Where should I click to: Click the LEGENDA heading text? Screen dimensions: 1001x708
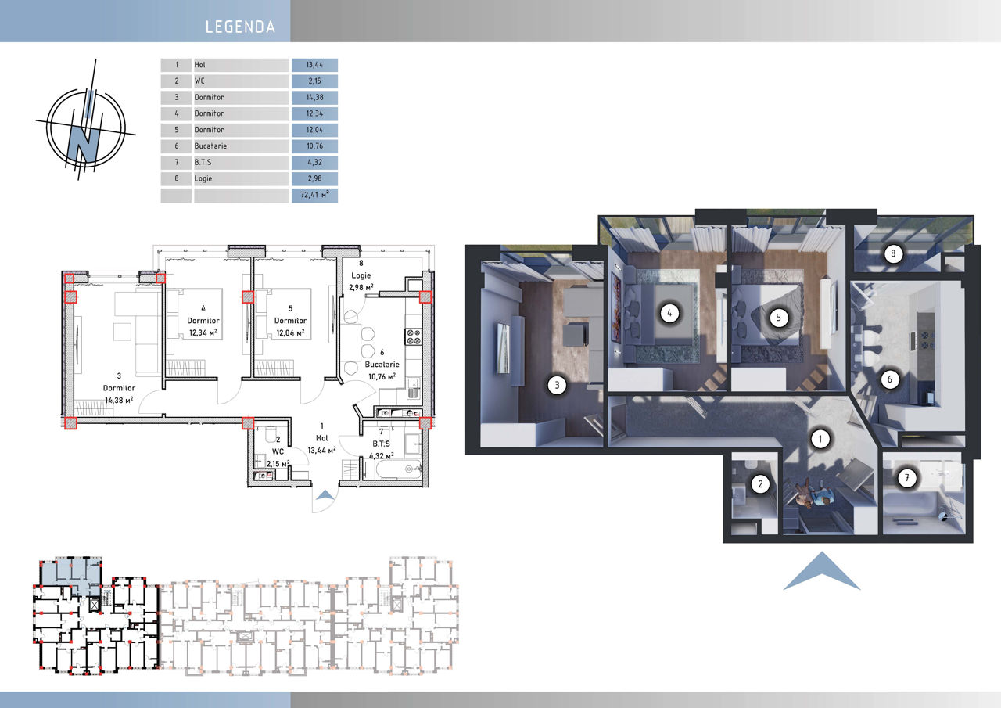240,27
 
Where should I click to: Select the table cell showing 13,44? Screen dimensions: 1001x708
314,65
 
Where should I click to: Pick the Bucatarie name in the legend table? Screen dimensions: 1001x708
210,146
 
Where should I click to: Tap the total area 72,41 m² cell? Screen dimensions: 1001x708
314,195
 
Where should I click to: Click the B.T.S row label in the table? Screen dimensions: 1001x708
203,162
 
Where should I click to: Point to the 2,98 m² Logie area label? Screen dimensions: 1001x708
361,287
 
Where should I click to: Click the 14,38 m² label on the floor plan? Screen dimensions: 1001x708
119,400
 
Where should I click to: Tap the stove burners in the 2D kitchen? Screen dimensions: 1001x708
413,336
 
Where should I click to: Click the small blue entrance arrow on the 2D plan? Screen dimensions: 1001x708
325,494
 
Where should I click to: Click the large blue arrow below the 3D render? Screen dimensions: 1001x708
821,570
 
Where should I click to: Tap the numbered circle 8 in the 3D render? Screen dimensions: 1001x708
893,254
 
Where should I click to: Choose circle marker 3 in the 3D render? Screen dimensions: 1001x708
557,385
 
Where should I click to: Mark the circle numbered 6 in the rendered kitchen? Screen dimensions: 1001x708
889,379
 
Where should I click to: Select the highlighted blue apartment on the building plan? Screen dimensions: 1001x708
71,576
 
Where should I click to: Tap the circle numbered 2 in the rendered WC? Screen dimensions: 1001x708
760,483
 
